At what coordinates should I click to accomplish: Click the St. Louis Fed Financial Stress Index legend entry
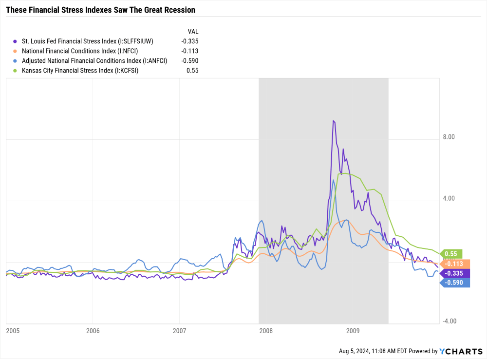[x=87, y=41]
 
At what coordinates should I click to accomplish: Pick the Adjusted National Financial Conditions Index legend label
[x=94, y=60]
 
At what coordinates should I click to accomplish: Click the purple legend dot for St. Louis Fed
[x=16, y=41]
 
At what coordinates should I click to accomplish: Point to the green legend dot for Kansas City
[x=16, y=70]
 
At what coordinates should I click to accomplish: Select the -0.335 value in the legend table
[x=189, y=41]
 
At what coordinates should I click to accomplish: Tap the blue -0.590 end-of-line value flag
[x=455, y=283]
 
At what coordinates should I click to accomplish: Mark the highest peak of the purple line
[x=334, y=121]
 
